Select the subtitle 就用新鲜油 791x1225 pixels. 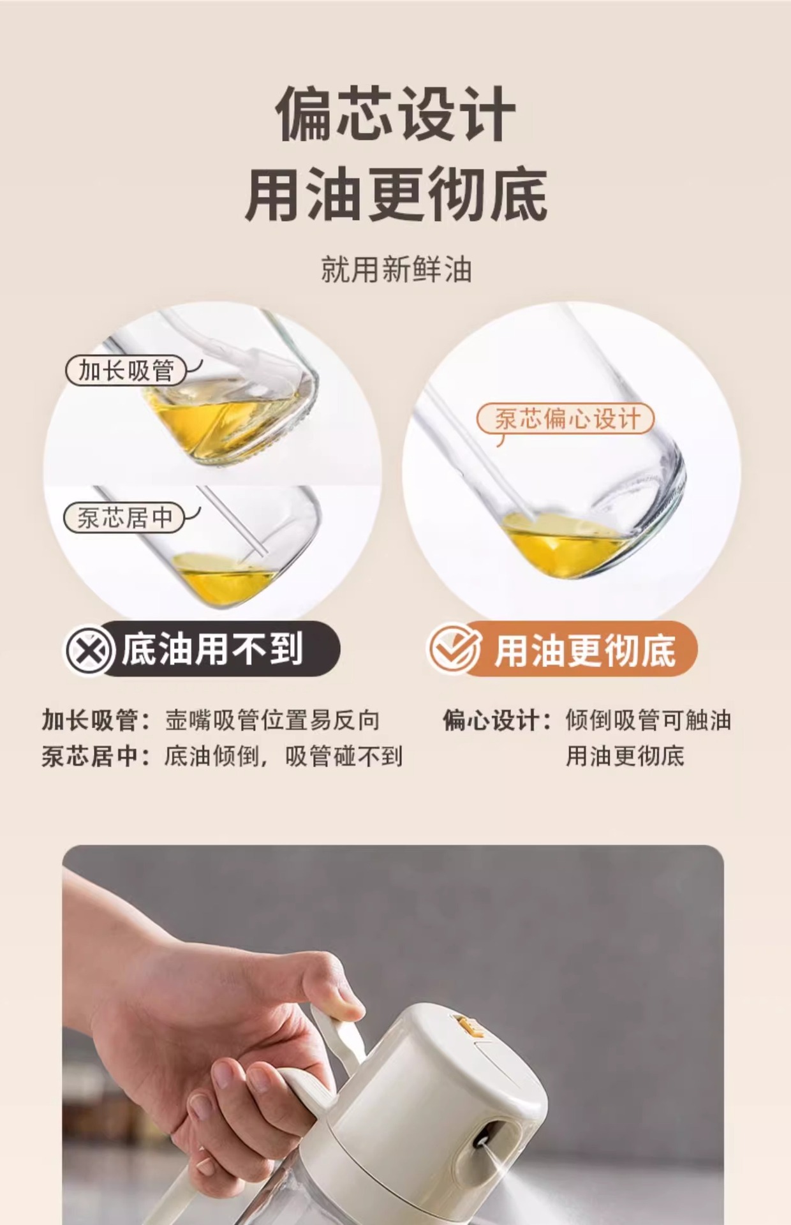coord(395,269)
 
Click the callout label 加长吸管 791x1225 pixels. coord(126,371)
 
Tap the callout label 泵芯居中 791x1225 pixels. coord(124,517)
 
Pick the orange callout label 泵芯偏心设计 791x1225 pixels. coord(566,419)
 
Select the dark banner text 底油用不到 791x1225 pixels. coord(212,650)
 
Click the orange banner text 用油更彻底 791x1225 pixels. coord(585,651)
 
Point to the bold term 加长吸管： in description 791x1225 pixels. coord(96,720)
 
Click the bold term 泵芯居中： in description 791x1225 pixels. coord(96,757)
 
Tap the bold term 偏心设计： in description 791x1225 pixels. coord(497,720)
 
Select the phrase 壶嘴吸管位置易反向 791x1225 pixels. coord(272,720)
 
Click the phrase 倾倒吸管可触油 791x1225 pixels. coord(647,720)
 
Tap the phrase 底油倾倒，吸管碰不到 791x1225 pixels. coord(283,757)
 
